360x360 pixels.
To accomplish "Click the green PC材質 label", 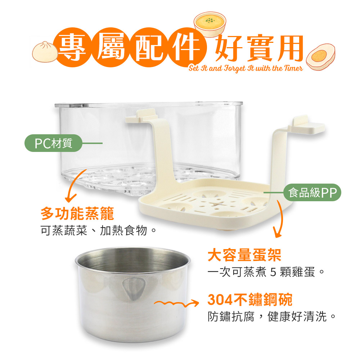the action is coord(53,143).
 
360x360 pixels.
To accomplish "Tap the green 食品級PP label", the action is coord(312,192).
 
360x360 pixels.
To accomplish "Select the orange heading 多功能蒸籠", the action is coord(77,213).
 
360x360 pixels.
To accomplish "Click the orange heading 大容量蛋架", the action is coord(244,255).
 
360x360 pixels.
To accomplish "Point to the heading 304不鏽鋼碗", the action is coord(250,300).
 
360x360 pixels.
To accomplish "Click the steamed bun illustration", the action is coord(45,52).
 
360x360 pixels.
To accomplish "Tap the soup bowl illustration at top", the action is coord(210,24).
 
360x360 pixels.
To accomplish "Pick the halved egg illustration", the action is coord(320,57).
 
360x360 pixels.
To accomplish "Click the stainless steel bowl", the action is coord(133,294).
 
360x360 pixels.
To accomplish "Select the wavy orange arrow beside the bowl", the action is coord(176,303).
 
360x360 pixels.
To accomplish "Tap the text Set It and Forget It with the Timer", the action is coord(246,68).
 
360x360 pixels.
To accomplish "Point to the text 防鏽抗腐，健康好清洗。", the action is coord(272,316).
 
